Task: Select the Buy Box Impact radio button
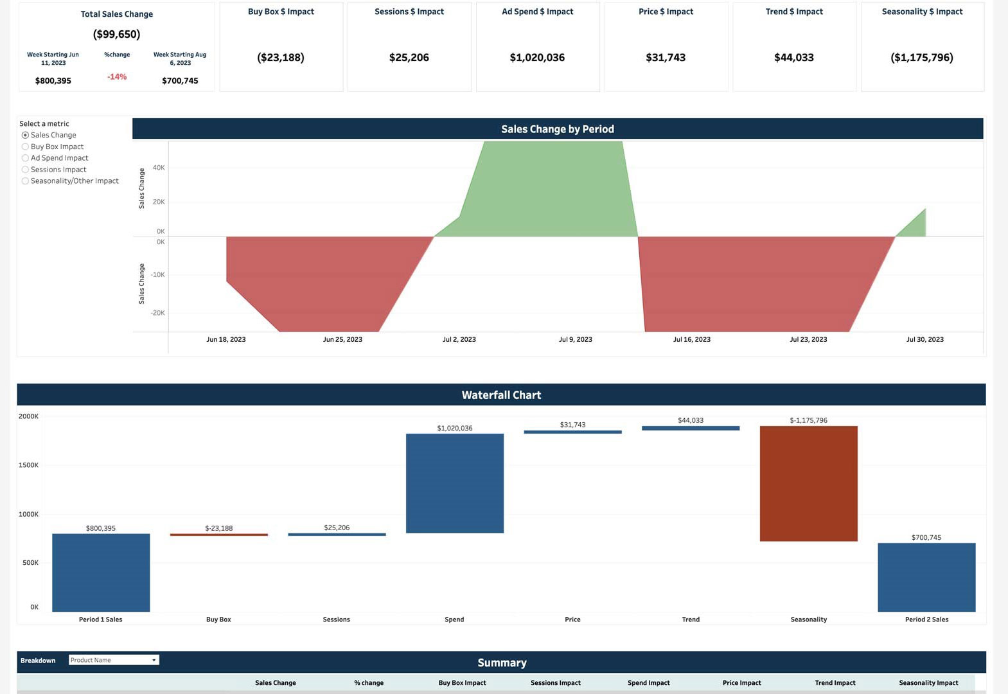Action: (26, 147)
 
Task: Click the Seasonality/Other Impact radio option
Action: (26, 181)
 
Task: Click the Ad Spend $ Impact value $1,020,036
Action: (537, 58)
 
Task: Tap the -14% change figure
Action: (117, 77)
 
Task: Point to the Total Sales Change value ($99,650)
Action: (116, 34)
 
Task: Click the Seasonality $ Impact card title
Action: (922, 12)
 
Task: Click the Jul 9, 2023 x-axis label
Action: (575, 339)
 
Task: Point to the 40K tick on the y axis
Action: (158, 168)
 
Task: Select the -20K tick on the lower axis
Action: (157, 313)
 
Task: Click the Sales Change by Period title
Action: (557, 129)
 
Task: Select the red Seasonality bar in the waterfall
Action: (808, 483)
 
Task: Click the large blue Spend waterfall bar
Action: (454, 483)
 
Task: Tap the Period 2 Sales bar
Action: (926, 577)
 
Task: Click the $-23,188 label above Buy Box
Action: (218, 528)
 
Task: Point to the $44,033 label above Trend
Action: (691, 420)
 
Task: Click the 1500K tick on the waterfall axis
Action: (28, 465)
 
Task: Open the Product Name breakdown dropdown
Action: (114, 660)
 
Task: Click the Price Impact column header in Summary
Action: (741, 683)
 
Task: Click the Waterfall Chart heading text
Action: (501, 395)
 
